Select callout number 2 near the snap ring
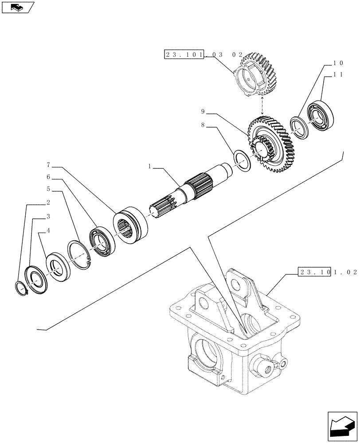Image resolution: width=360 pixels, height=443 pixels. point(48,203)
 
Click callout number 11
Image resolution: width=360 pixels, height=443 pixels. point(338,75)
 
